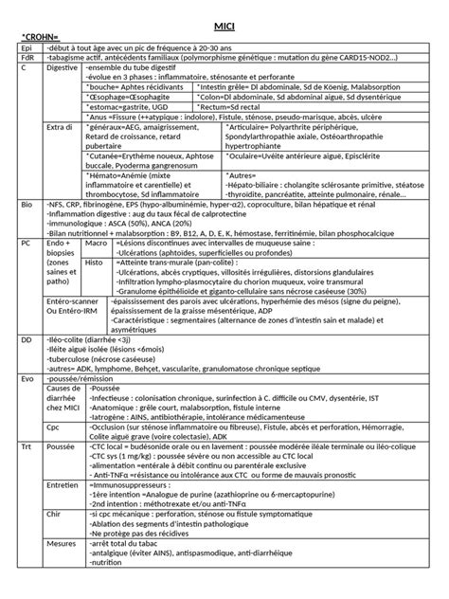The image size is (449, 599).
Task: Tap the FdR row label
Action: (27, 57)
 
